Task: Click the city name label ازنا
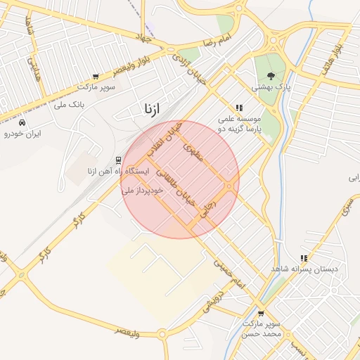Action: coord(151,108)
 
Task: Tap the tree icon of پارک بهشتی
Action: coord(271,77)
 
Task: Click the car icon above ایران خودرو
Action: coord(22,122)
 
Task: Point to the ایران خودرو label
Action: coord(22,133)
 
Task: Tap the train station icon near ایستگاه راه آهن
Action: coord(118,160)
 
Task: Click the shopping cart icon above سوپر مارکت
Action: coord(96,77)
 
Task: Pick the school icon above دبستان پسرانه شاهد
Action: coord(303,258)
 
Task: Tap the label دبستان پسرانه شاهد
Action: coord(303,269)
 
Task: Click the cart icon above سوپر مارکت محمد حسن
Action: coord(261,314)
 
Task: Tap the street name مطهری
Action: coord(193,153)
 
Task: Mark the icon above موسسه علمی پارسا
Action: coord(239,108)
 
